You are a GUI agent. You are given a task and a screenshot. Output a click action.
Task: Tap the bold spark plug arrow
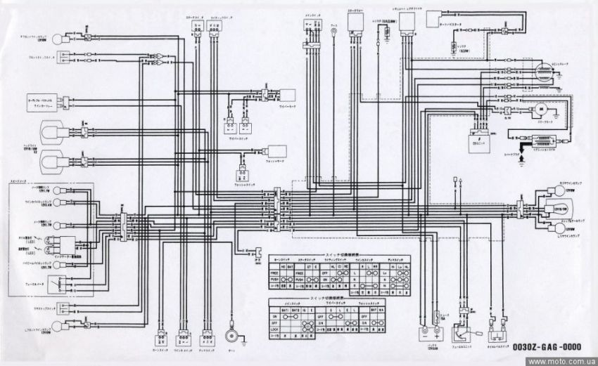tap(521, 160)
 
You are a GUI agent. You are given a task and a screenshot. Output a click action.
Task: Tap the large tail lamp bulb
tap(555, 209)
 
